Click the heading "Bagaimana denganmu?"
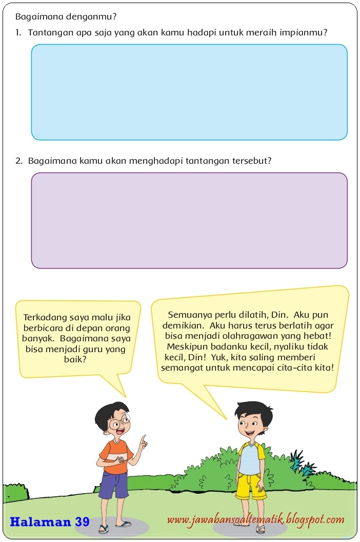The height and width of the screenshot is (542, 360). click(66, 16)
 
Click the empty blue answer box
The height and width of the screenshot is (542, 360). click(189, 92)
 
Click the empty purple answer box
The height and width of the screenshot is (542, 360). click(189, 220)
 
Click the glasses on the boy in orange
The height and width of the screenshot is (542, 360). click(118, 424)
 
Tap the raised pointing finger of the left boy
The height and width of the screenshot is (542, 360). click(144, 439)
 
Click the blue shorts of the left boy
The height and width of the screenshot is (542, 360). click(113, 484)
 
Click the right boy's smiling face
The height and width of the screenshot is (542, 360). click(250, 424)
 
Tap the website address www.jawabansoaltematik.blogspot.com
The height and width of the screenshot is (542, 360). click(255, 520)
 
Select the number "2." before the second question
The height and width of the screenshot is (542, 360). click(19, 161)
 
